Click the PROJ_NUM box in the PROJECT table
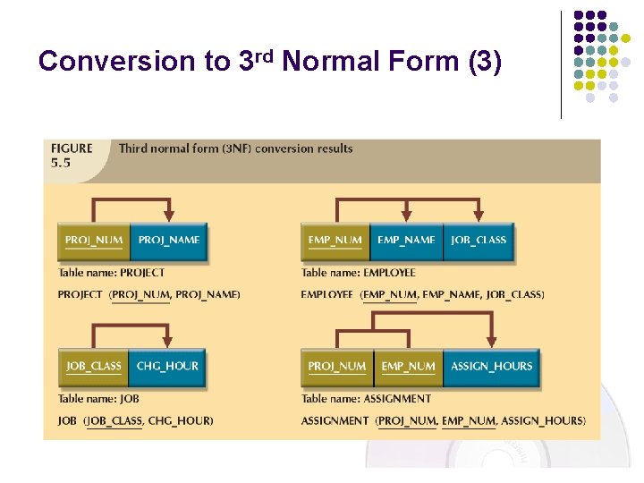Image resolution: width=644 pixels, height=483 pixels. pyautogui.click(x=94, y=241)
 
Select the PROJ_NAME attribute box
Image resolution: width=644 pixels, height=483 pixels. pyautogui.click(x=169, y=241)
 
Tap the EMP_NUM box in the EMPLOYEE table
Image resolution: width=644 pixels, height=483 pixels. pyautogui.click(x=335, y=241)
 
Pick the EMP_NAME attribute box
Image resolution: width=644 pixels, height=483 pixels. pyautogui.click(x=406, y=241)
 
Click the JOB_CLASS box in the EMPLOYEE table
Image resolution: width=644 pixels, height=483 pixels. pyautogui.click(x=479, y=241)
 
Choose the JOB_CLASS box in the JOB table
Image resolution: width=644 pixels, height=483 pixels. pyautogui.click(x=94, y=367)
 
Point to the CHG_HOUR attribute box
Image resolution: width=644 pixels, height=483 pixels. pyautogui.click(x=167, y=367)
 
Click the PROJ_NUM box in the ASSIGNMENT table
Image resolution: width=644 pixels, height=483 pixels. pyautogui.click(x=336, y=367)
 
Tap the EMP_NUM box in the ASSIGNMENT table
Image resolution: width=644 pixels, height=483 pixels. pyautogui.click(x=408, y=367)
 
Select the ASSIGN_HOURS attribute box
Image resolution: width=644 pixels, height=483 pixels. pyautogui.click(x=491, y=367)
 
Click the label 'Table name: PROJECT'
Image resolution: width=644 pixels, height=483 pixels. pyautogui.click(x=112, y=273)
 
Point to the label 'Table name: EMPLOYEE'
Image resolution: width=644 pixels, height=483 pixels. pyautogui.click(x=359, y=273)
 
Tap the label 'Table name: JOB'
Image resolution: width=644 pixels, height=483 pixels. pyautogui.click(x=98, y=399)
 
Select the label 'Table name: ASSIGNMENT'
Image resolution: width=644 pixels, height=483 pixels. pyautogui.click(x=366, y=399)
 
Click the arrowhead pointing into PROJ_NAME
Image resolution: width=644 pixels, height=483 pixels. pyautogui.click(x=169, y=216)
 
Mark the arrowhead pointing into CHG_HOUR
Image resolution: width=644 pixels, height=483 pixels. pyautogui.click(x=169, y=342)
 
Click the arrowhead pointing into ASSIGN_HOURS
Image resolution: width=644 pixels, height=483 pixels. pyautogui.click(x=491, y=342)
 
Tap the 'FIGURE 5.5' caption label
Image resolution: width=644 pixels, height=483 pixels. pyautogui.click(x=72, y=155)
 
